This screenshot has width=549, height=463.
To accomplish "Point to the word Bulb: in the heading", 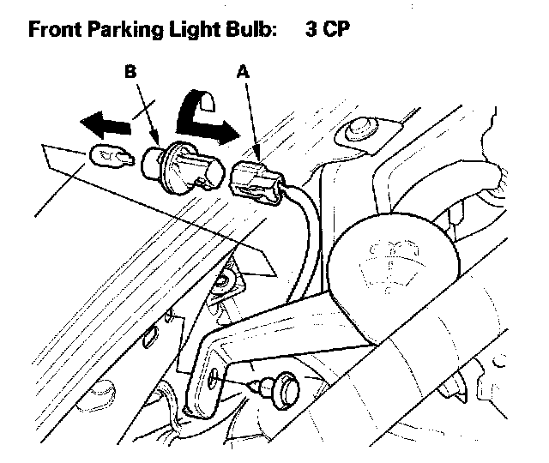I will pos(250,29).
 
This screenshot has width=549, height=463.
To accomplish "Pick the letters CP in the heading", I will pos(337,29).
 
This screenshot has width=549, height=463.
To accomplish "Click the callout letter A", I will pos(242,75).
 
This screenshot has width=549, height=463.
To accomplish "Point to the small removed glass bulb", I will pos(110,157).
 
